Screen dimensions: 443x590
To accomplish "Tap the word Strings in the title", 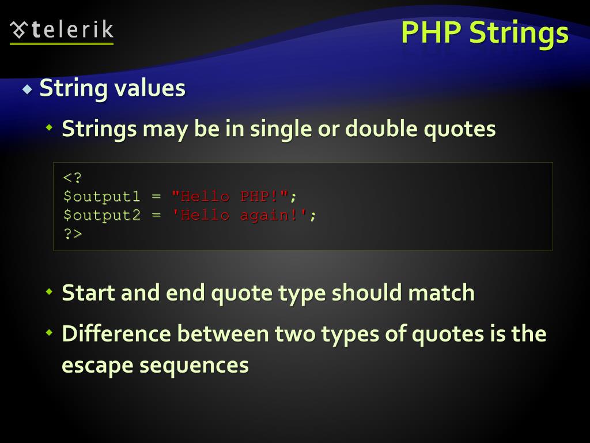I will point(518,33).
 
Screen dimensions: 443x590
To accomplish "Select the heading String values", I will point(112,88).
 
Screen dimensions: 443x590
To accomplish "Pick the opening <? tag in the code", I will point(73,178).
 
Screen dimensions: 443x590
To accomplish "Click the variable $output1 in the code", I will point(101,196).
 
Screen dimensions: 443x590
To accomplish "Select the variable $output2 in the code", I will point(101,215).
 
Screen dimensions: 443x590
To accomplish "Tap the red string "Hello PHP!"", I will point(230,196).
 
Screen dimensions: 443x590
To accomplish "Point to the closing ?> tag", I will point(73,234).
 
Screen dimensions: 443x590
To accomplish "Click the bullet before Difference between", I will point(50,333).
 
